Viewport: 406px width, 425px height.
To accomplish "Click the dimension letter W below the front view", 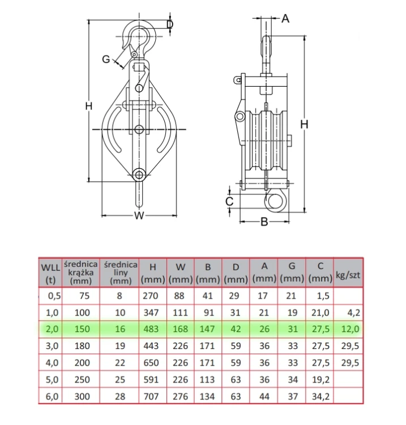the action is [x=139, y=215].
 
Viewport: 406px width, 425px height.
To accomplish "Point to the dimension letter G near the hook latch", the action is [x=106, y=59].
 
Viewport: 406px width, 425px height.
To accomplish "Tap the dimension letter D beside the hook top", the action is [x=170, y=24].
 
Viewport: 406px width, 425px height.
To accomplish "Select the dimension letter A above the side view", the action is [x=285, y=19].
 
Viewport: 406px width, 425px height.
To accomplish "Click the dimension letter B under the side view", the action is [x=264, y=222].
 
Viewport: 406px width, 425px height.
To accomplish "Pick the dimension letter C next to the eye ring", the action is [x=229, y=201].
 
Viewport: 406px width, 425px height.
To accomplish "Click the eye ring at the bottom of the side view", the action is [x=276, y=201].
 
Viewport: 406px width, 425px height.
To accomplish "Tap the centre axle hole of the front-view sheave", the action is [x=139, y=129].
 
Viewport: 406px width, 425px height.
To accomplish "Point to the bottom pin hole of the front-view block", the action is [x=139, y=175].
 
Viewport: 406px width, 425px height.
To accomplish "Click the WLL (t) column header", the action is [x=50, y=273].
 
